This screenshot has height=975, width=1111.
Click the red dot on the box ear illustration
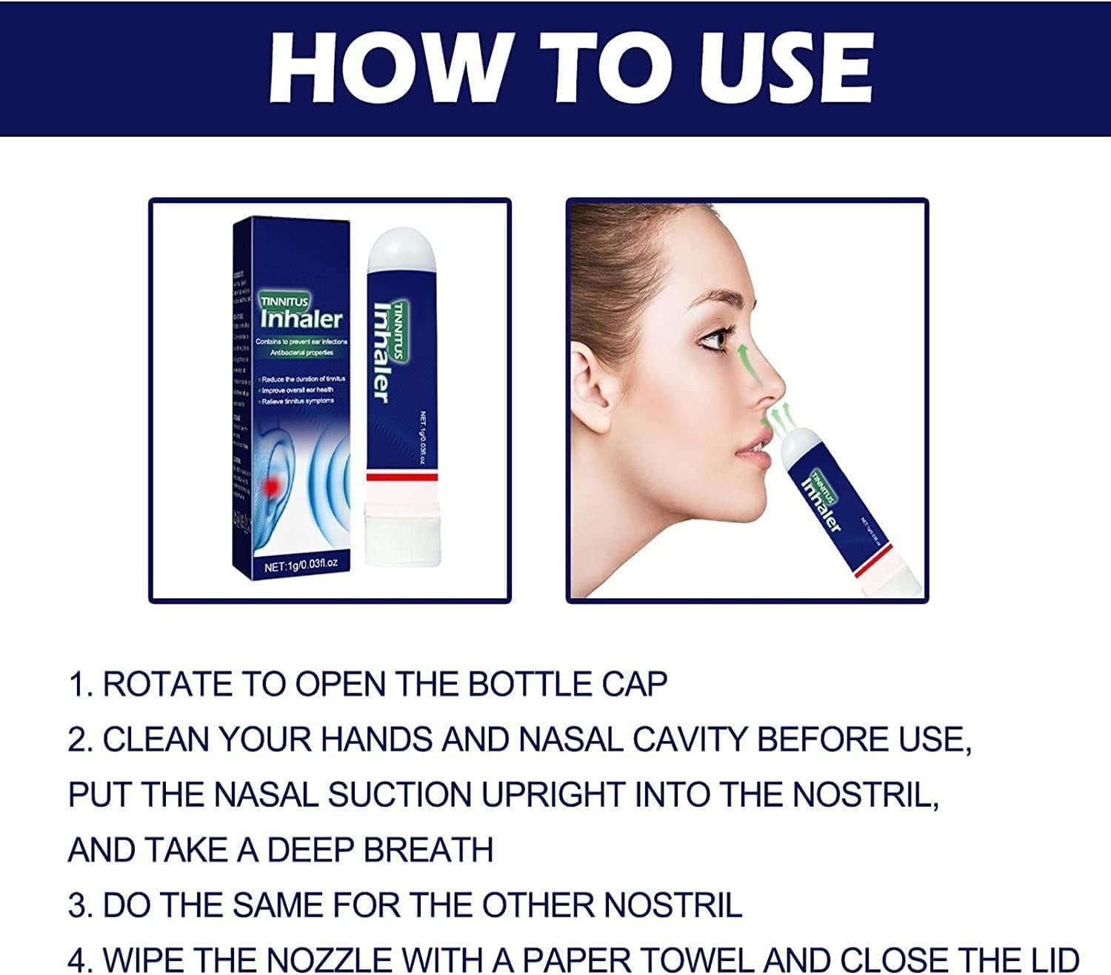pyautogui.click(x=271, y=485)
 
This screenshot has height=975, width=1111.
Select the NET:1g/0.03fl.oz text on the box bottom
pyautogui.click(x=301, y=566)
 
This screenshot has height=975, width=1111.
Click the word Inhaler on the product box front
pyautogui.click(x=301, y=319)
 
